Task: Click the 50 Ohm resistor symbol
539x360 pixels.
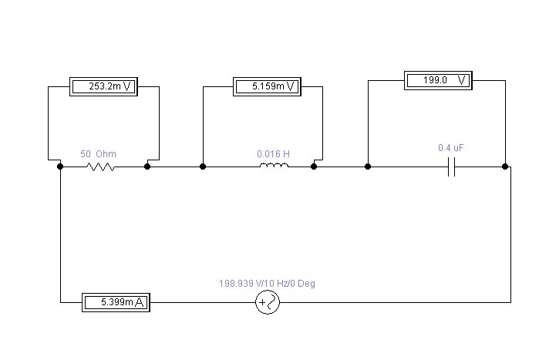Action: click(x=101, y=166)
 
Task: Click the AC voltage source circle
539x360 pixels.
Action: click(x=268, y=303)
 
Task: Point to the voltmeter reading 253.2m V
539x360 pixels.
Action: click(x=103, y=86)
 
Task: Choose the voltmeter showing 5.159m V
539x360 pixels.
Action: click(x=267, y=86)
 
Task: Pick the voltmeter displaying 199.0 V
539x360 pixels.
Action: click(x=437, y=79)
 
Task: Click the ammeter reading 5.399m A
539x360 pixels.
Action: click(x=116, y=303)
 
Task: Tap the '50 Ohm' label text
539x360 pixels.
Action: click(x=99, y=153)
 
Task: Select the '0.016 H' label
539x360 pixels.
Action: click(x=273, y=153)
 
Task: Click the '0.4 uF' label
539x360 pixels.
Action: click(x=450, y=147)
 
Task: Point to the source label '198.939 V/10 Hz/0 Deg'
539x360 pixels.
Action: click(x=267, y=284)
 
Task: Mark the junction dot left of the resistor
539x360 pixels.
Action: click(x=60, y=166)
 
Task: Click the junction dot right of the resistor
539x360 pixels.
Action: click(x=147, y=166)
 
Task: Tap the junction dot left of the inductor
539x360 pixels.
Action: click(x=203, y=166)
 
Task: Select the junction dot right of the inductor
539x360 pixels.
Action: click(x=314, y=166)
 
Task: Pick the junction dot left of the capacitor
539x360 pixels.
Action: click(x=368, y=166)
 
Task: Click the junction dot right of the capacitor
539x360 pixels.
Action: click(x=505, y=166)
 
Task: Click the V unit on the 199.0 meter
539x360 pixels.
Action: click(x=461, y=79)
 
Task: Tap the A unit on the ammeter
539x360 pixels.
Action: click(x=140, y=303)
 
